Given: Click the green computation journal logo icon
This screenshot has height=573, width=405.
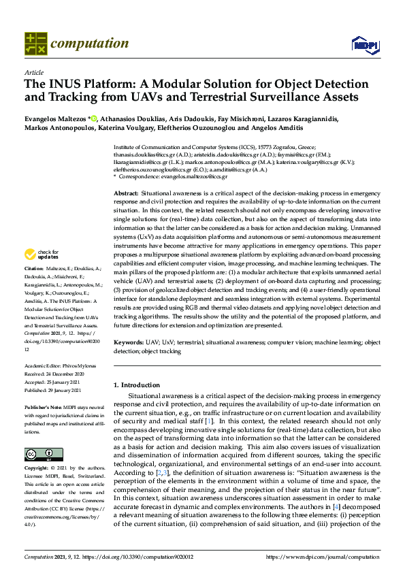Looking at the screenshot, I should pyautogui.click(x=35, y=44).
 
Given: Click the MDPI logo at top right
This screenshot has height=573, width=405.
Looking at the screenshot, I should pyautogui.click(x=364, y=45).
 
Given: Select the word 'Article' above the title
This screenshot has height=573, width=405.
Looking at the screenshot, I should pyautogui.click(x=33, y=72).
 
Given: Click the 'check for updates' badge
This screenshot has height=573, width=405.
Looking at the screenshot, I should pyautogui.click(x=41, y=255).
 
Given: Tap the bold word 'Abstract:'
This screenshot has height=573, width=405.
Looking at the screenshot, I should pyautogui.click(x=127, y=194).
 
